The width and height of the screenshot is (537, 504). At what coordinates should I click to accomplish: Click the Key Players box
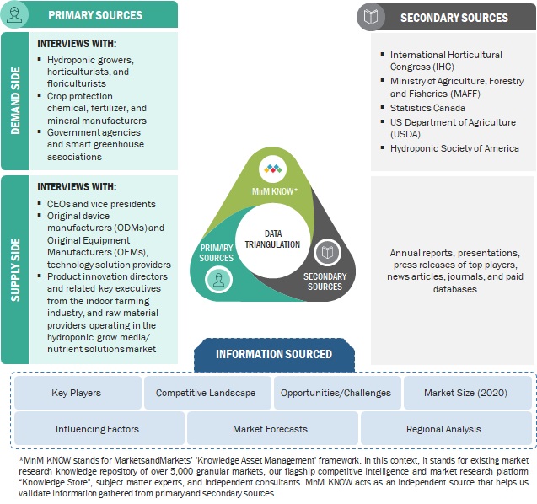tap(77, 393)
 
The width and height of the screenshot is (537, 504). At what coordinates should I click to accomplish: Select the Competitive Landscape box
tap(206, 393)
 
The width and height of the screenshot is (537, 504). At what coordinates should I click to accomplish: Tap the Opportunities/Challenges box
tap(336, 393)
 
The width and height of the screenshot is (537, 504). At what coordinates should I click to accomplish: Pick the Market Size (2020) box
tap(465, 393)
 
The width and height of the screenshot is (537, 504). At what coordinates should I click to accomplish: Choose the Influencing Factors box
tap(97, 429)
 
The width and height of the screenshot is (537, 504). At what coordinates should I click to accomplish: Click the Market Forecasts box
tap(271, 429)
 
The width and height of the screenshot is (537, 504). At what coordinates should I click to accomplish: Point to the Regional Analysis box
tap(443, 429)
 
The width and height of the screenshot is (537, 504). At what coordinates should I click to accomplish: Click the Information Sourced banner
tap(274, 354)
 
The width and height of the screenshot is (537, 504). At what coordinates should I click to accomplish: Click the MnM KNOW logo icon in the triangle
tap(272, 169)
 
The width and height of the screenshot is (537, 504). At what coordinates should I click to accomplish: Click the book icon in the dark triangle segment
tap(325, 251)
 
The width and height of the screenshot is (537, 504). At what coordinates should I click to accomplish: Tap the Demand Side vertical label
tap(16, 102)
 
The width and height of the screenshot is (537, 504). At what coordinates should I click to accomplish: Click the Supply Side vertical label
tap(16, 270)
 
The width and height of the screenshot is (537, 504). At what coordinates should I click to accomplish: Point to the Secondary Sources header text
tap(454, 17)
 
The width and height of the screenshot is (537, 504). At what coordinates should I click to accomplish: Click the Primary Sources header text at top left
tap(94, 14)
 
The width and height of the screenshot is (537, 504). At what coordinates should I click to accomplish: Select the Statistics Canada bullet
tap(427, 108)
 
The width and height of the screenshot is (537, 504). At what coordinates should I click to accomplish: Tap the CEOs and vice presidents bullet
tap(102, 204)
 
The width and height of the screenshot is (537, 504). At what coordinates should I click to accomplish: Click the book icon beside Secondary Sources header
tap(372, 17)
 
